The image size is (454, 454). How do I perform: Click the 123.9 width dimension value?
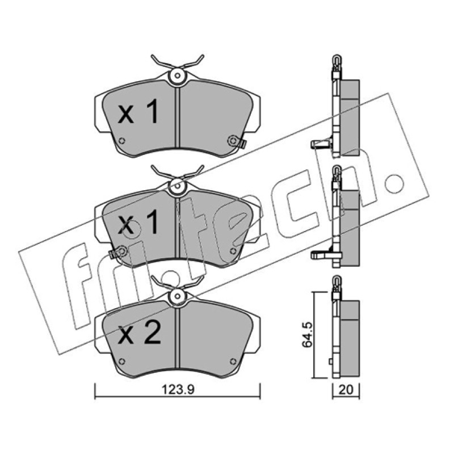pos(178,389)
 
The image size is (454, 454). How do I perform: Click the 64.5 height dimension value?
pos(308,334)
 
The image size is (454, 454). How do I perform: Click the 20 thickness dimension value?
pos(346,390)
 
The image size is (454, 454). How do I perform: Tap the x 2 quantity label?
pos(140,333)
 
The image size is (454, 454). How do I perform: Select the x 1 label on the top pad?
pos(138,111)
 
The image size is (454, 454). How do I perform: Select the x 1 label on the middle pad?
pos(138,222)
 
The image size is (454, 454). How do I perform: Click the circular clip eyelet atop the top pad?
pos(178,76)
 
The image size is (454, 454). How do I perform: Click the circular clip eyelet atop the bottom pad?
pos(178,296)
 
